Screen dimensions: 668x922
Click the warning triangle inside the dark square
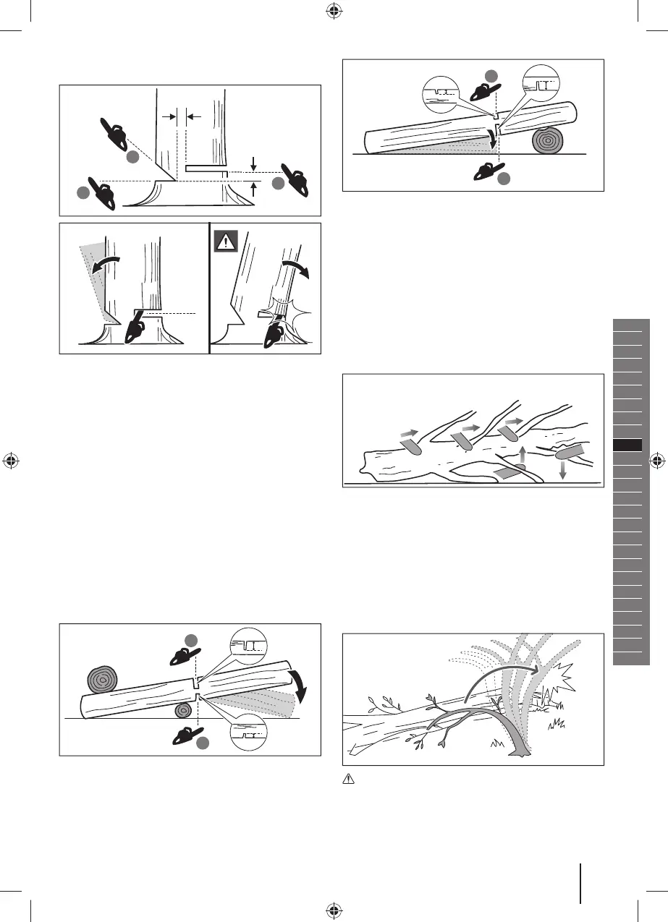pos(227,242)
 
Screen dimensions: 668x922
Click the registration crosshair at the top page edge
pos(334,10)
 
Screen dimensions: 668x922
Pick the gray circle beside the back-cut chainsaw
pos(279,184)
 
